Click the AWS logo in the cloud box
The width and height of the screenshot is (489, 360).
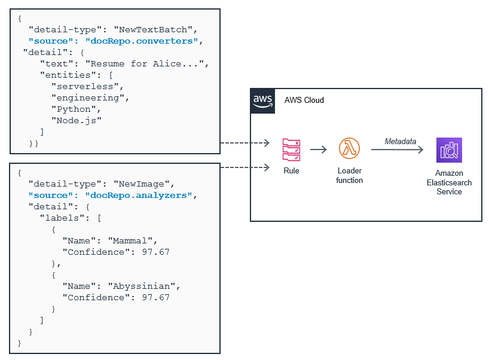262,100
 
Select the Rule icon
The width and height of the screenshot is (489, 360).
291,150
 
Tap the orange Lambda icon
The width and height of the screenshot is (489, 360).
349,149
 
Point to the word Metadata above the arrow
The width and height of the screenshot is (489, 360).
401,141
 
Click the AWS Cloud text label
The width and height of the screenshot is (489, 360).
304,100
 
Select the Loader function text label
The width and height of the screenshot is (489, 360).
349,175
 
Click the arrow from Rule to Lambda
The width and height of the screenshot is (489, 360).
319,150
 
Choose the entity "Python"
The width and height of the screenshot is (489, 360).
74,109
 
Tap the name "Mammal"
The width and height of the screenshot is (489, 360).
132,240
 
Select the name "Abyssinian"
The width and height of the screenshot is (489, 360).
143,286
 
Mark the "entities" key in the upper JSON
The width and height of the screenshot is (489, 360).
67,75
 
